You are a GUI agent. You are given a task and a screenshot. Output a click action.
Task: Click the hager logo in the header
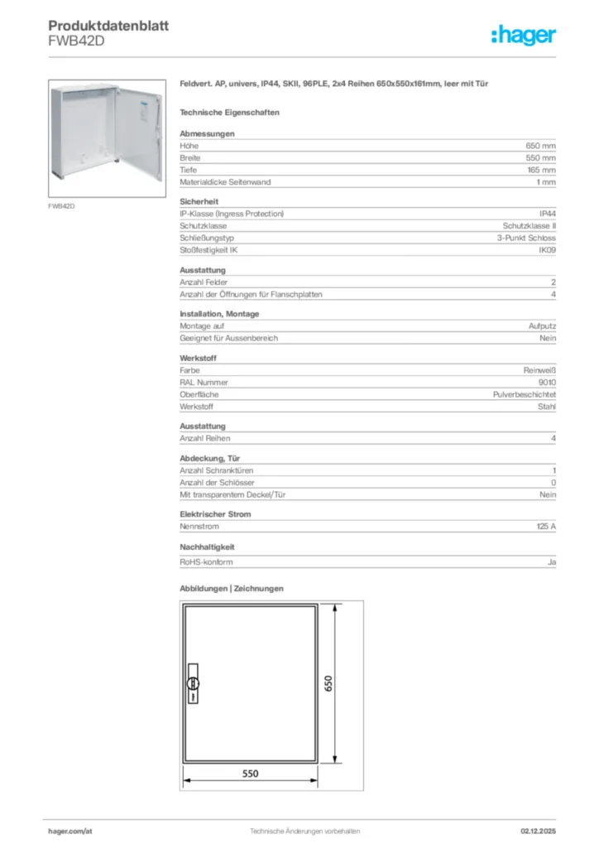(524, 35)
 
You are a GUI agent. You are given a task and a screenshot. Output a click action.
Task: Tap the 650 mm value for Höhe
(541, 146)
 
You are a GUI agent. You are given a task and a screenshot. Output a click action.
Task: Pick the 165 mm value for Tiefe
(541, 170)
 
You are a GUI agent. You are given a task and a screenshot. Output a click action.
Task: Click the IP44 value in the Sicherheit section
(547, 214)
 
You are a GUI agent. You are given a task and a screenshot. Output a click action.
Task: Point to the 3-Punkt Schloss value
(521, 238)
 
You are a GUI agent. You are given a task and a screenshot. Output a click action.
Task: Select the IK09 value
(547, 249)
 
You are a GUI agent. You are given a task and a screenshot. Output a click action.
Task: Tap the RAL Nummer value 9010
(547, 383)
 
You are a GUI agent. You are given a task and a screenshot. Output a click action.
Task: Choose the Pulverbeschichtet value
(525, 395)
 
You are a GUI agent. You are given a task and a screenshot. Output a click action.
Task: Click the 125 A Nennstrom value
(546, 526)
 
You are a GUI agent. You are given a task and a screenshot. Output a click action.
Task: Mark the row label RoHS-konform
(206, 561)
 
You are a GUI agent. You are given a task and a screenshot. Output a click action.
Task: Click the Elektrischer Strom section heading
(215, 514)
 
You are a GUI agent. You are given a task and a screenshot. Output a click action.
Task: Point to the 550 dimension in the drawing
(250, 773)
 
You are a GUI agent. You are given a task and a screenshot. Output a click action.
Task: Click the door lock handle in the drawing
(193, 682)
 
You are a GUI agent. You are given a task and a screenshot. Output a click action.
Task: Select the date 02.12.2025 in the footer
(537, 831)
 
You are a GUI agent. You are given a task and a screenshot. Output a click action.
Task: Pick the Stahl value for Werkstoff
(547, 407)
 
